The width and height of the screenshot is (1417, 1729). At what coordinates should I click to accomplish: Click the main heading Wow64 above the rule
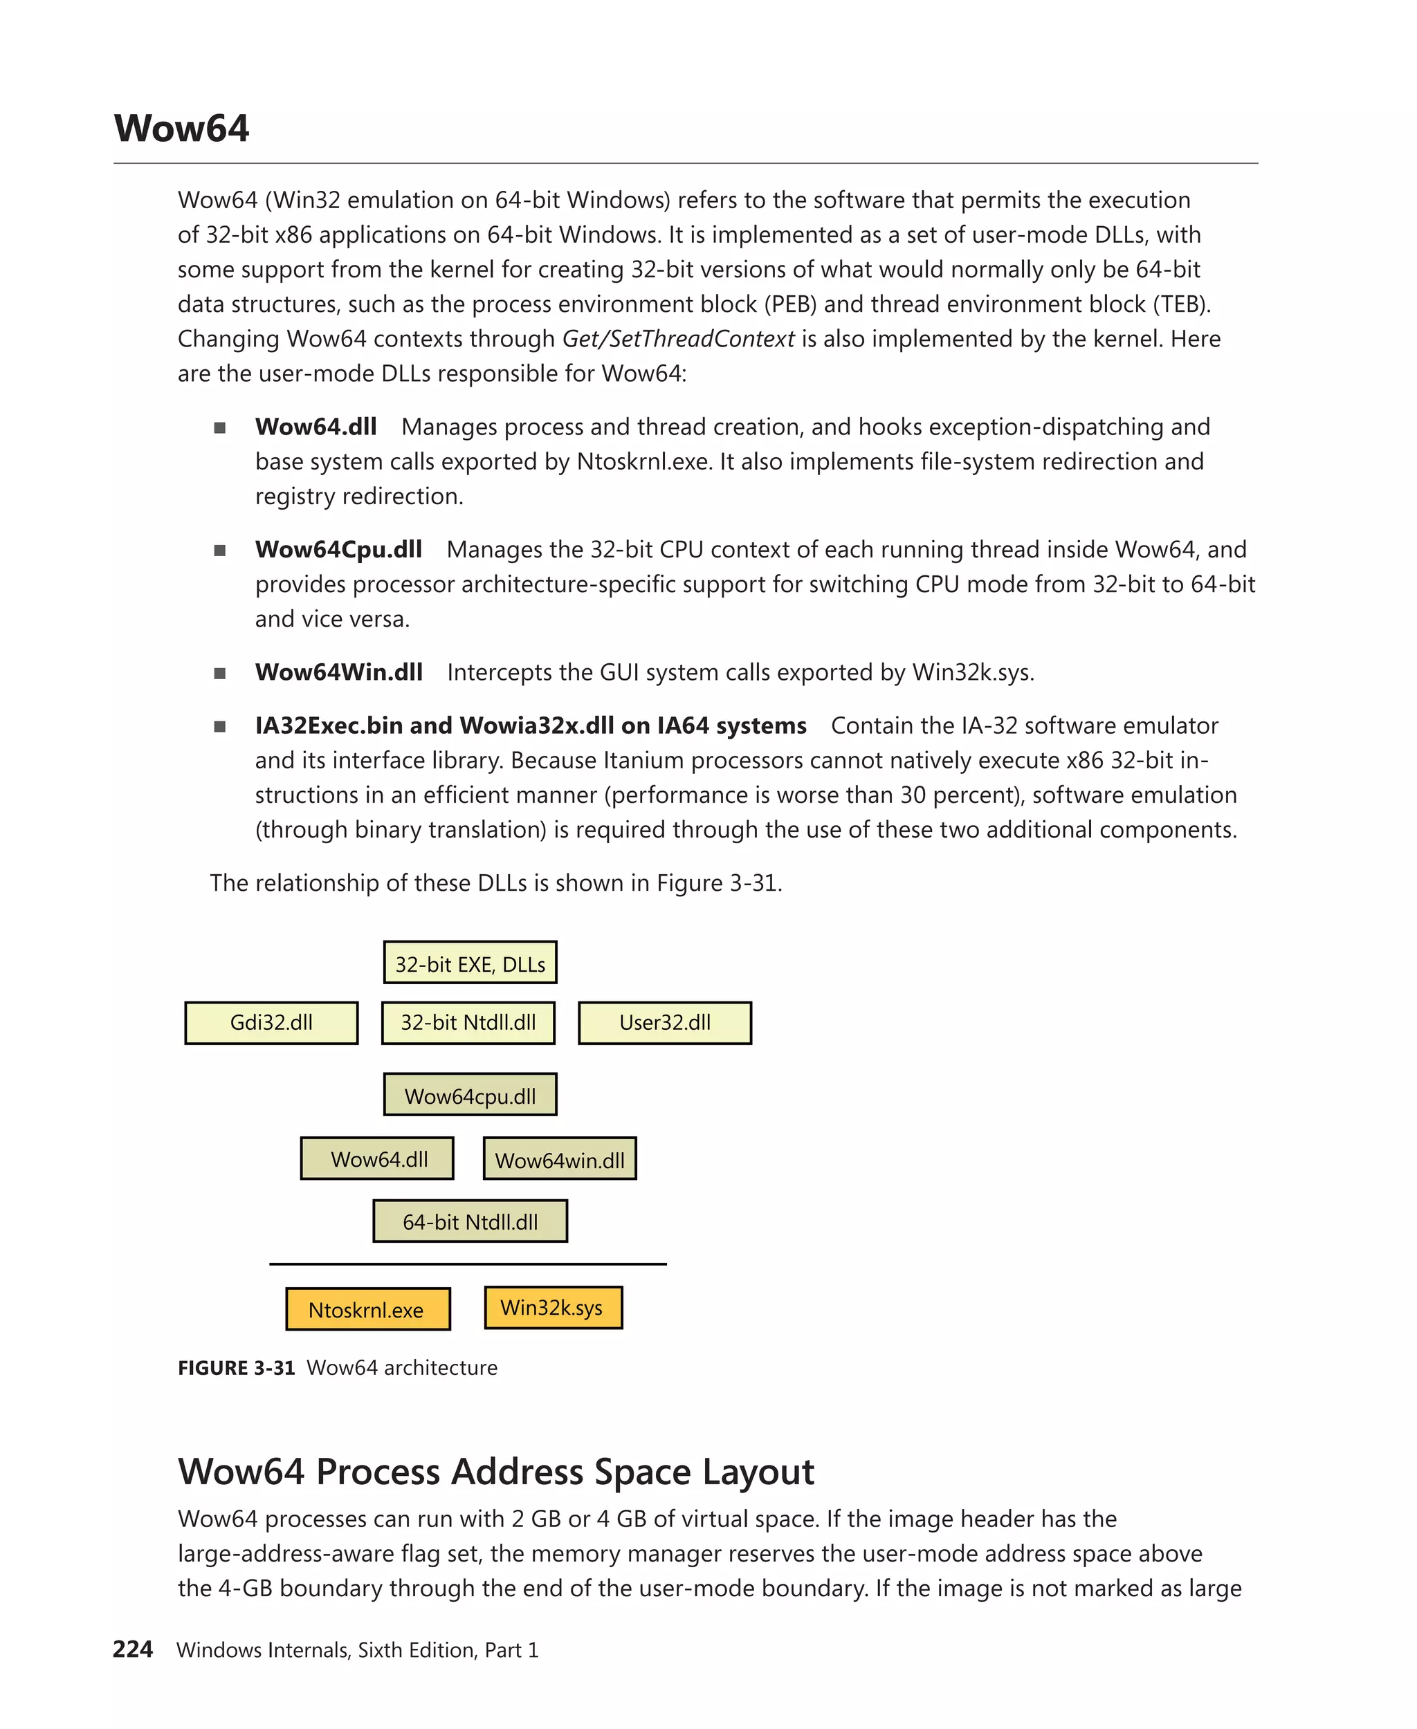[x=181, y=129]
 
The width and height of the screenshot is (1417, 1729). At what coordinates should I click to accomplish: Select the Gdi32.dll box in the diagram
[x=271, y=1022]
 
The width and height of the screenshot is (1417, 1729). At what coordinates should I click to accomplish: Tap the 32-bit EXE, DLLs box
[x=470, y=963]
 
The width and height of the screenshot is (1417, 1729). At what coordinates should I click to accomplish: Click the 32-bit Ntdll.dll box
[x=468, y=1022]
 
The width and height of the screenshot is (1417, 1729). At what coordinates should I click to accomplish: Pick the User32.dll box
[x=664, y=1022]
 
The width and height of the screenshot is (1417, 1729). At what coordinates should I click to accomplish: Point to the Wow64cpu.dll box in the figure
[x=470, y=1095]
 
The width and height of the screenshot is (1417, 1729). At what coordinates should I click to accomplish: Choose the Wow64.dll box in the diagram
[x=377, y=1158]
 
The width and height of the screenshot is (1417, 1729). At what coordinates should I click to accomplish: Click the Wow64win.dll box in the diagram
[x=559, y=1158]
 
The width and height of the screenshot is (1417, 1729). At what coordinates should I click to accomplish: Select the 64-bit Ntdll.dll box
[x=470, y=1221]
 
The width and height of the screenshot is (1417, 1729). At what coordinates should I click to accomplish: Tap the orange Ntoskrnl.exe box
[x=367, y=1309]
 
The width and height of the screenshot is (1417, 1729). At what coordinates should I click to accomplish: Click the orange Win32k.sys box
[x=553, y=1307]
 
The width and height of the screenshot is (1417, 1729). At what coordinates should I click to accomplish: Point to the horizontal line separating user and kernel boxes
[x=468, y=1264]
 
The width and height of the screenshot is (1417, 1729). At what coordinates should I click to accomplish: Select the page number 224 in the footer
[x=133, y=1649]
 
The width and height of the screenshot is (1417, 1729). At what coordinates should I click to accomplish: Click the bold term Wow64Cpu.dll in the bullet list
[x=338, y=549]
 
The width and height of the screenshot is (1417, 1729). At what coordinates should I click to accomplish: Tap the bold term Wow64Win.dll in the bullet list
[x=338, y=672]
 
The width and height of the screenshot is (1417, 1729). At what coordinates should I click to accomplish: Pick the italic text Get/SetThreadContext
[x=677, y=339]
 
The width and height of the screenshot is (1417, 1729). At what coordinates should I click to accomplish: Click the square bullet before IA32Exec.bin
[x=219, y=726]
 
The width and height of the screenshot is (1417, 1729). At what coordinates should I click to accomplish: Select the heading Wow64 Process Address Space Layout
[x=495, y=1471]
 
